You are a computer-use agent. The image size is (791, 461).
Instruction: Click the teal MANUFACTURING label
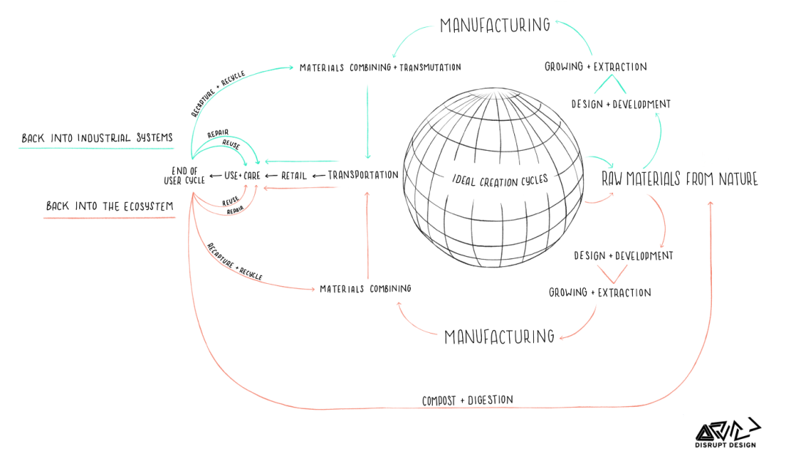click(495, 26)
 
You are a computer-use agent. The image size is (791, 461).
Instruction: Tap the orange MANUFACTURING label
click(500, 337)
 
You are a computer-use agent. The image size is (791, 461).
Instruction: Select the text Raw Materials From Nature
click(680, 179)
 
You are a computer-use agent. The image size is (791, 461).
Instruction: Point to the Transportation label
click(363, 176)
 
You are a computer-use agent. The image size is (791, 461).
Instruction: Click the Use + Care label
click(242, 176)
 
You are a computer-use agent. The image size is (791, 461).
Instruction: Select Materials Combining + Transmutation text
click(380, 67)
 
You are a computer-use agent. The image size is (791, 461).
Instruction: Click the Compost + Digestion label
click(467, 400)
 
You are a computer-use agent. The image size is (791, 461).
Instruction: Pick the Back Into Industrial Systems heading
click(97, 138)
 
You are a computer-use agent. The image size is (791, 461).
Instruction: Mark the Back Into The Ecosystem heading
click(110, 206)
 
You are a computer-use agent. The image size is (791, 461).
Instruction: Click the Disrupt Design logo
click(727, 434)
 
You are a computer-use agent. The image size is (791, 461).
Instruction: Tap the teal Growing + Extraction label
click(595, 67)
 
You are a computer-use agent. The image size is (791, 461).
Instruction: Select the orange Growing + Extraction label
click(600, 293)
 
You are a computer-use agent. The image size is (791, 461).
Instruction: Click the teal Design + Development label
click(620, 105)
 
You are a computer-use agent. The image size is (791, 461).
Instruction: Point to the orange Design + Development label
click(623, 256)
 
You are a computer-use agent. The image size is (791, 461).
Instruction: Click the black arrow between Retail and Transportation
click(318, 176)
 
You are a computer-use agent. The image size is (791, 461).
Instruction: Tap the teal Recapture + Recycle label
click(218, 94)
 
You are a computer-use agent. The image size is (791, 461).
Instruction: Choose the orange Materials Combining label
click(365, 288)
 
